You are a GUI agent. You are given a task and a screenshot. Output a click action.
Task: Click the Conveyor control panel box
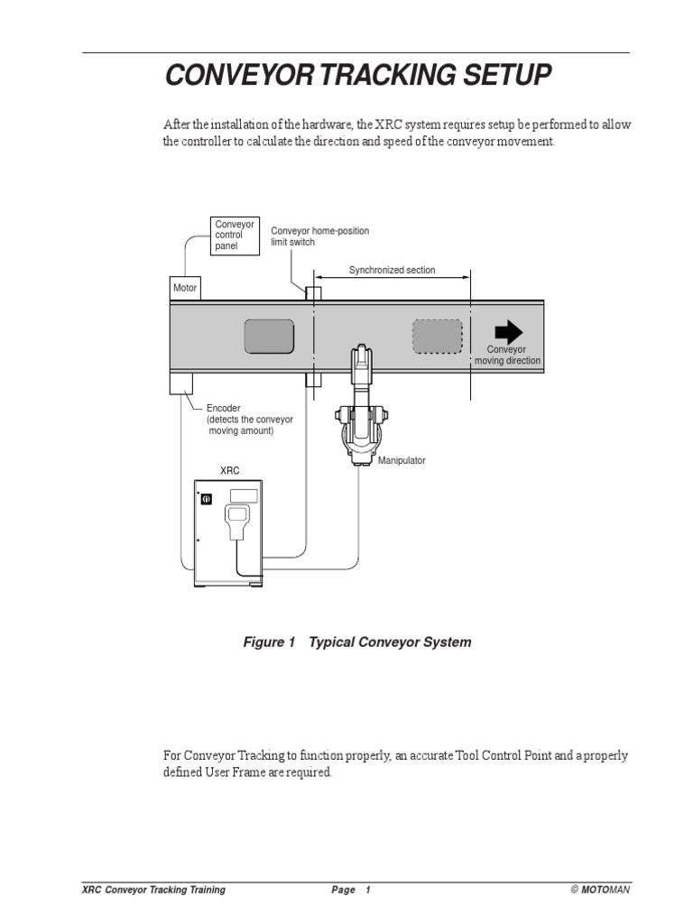click(x=235, y=236)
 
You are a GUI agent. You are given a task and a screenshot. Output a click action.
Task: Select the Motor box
click(x=185, y=288)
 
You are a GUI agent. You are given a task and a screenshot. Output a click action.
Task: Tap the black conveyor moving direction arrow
click(x=509, y=332)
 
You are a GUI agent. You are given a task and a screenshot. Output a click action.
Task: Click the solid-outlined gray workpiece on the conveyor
click(x=269, y=337)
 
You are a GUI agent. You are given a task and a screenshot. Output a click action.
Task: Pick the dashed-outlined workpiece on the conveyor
click(x=438, y=337)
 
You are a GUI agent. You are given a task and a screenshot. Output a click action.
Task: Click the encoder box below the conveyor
click(x=180, y=383)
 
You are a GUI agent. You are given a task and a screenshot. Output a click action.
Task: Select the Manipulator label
click(x=402, y=460)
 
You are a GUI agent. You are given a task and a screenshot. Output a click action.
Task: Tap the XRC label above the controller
click(x=230, y=470)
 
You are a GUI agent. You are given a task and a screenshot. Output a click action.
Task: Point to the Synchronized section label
click(x=392, y=270)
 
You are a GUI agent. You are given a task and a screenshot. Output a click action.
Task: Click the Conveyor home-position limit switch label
click(x=320, y=236)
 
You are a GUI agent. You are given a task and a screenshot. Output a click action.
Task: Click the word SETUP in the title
click(x=507, y=75)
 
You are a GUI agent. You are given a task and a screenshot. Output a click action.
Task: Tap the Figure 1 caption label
click(x=269, y=642)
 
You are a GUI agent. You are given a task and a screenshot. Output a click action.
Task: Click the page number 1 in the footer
click(x=368, y=890)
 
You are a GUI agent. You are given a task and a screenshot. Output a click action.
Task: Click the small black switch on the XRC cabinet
click(x=207, y=499)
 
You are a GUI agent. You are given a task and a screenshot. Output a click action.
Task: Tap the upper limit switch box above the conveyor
click(x=313, y=293)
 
